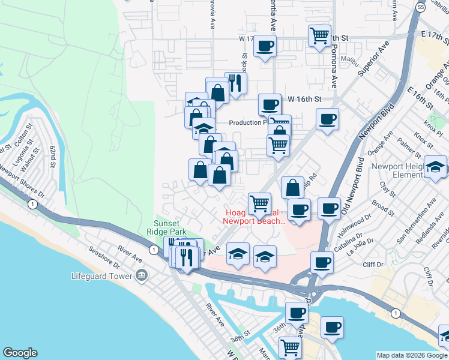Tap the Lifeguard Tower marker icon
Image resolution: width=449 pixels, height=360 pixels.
pos(142,276)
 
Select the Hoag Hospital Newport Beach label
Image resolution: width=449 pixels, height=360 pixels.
pos(254,217)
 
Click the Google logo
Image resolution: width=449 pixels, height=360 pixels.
pos(20,353)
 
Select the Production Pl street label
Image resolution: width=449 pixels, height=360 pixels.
pos(247,122)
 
